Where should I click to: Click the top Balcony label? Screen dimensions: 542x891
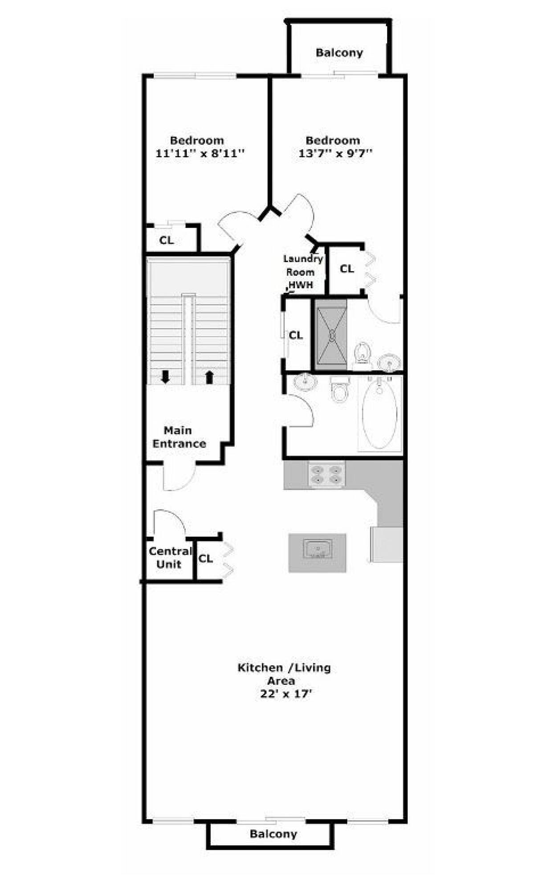click(x=339, y=53)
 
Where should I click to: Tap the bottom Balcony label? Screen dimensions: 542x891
click(x=273, y=834)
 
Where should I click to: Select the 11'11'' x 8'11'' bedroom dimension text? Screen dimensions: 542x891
click(x=200, y=153)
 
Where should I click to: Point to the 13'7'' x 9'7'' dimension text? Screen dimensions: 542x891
click(x=335, y=153)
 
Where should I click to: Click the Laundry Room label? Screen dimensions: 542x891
click(x=302, y=265)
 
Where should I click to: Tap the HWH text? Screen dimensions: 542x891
click(x=301, y=285)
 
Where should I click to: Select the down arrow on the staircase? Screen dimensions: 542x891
click(x=165, y=377)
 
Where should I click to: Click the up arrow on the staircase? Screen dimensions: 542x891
click(x=209, y=377)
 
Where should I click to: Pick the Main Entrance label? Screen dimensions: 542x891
click(x=179, y=437)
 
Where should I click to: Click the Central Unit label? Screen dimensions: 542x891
click(x=170, y=557)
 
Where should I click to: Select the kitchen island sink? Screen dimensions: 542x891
click(x=317, y=548)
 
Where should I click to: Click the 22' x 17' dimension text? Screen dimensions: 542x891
click(x=285, y=694)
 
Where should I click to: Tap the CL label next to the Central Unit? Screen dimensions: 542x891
click(x=206, y=558)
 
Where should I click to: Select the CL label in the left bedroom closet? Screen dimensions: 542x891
click(x=166, y=240)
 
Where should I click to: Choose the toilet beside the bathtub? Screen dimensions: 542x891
click(x=340, y=389)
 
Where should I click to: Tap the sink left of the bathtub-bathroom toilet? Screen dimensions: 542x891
click(x=305, y=382)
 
